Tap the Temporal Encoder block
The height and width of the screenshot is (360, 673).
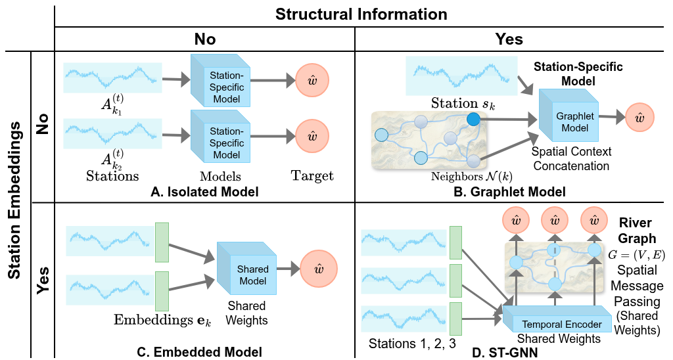559,323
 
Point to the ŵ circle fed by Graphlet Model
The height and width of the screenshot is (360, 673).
639,118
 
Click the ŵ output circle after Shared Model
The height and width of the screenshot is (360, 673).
319,269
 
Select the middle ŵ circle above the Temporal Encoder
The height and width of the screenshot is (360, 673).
555,219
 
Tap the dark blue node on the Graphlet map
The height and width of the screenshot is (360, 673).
473,119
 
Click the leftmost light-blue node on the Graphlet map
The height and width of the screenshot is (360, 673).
381,135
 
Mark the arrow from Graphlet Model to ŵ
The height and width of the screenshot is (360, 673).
611,118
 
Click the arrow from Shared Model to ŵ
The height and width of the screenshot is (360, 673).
287,269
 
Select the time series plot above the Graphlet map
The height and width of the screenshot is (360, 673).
461,76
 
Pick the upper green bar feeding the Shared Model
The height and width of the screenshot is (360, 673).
162,242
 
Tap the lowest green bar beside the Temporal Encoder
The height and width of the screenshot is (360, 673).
455,319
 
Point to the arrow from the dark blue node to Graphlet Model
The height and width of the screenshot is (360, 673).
510,120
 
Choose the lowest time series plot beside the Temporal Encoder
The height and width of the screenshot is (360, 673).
404,319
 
